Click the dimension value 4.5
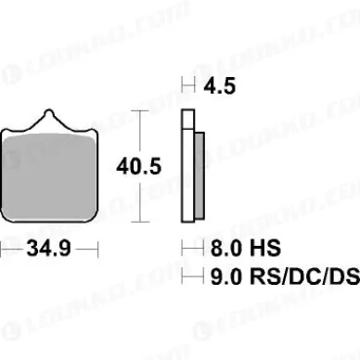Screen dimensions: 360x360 point(221,86)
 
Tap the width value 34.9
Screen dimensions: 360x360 point(49,250)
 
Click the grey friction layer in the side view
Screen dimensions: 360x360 point(199,175)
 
